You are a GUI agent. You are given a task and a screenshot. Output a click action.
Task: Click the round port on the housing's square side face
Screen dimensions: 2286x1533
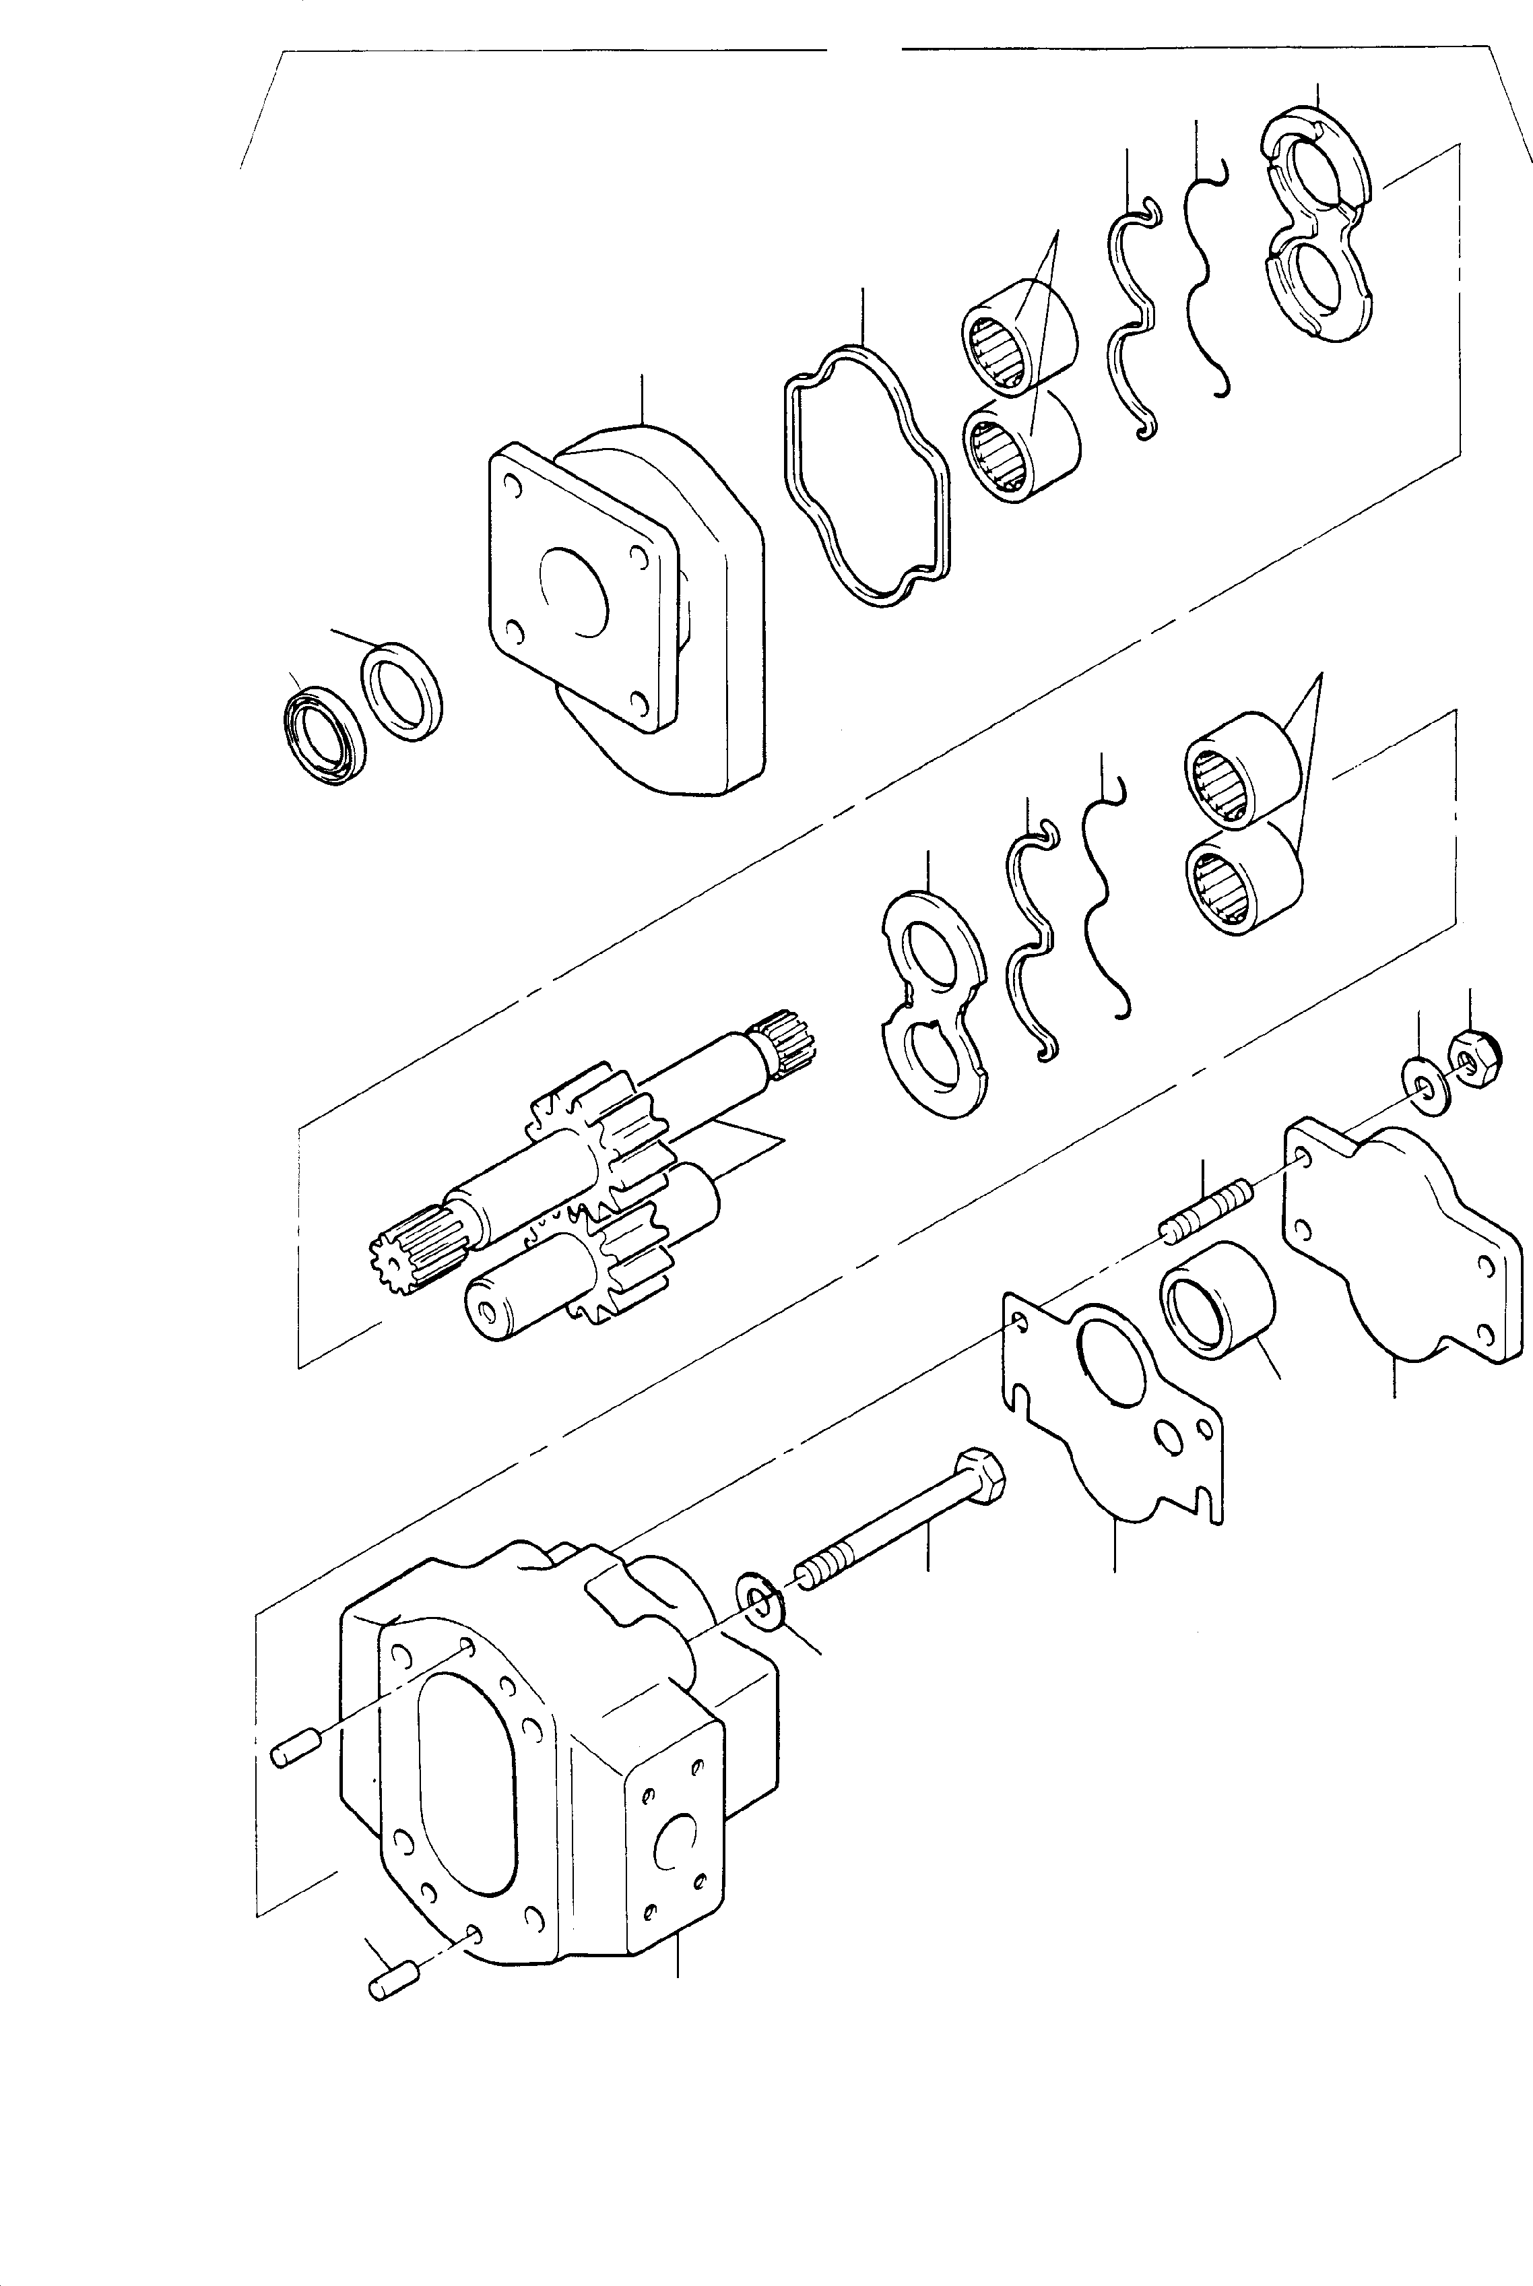(675, 1843)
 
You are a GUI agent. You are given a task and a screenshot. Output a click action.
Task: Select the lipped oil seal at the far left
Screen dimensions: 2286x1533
(322, 734)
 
